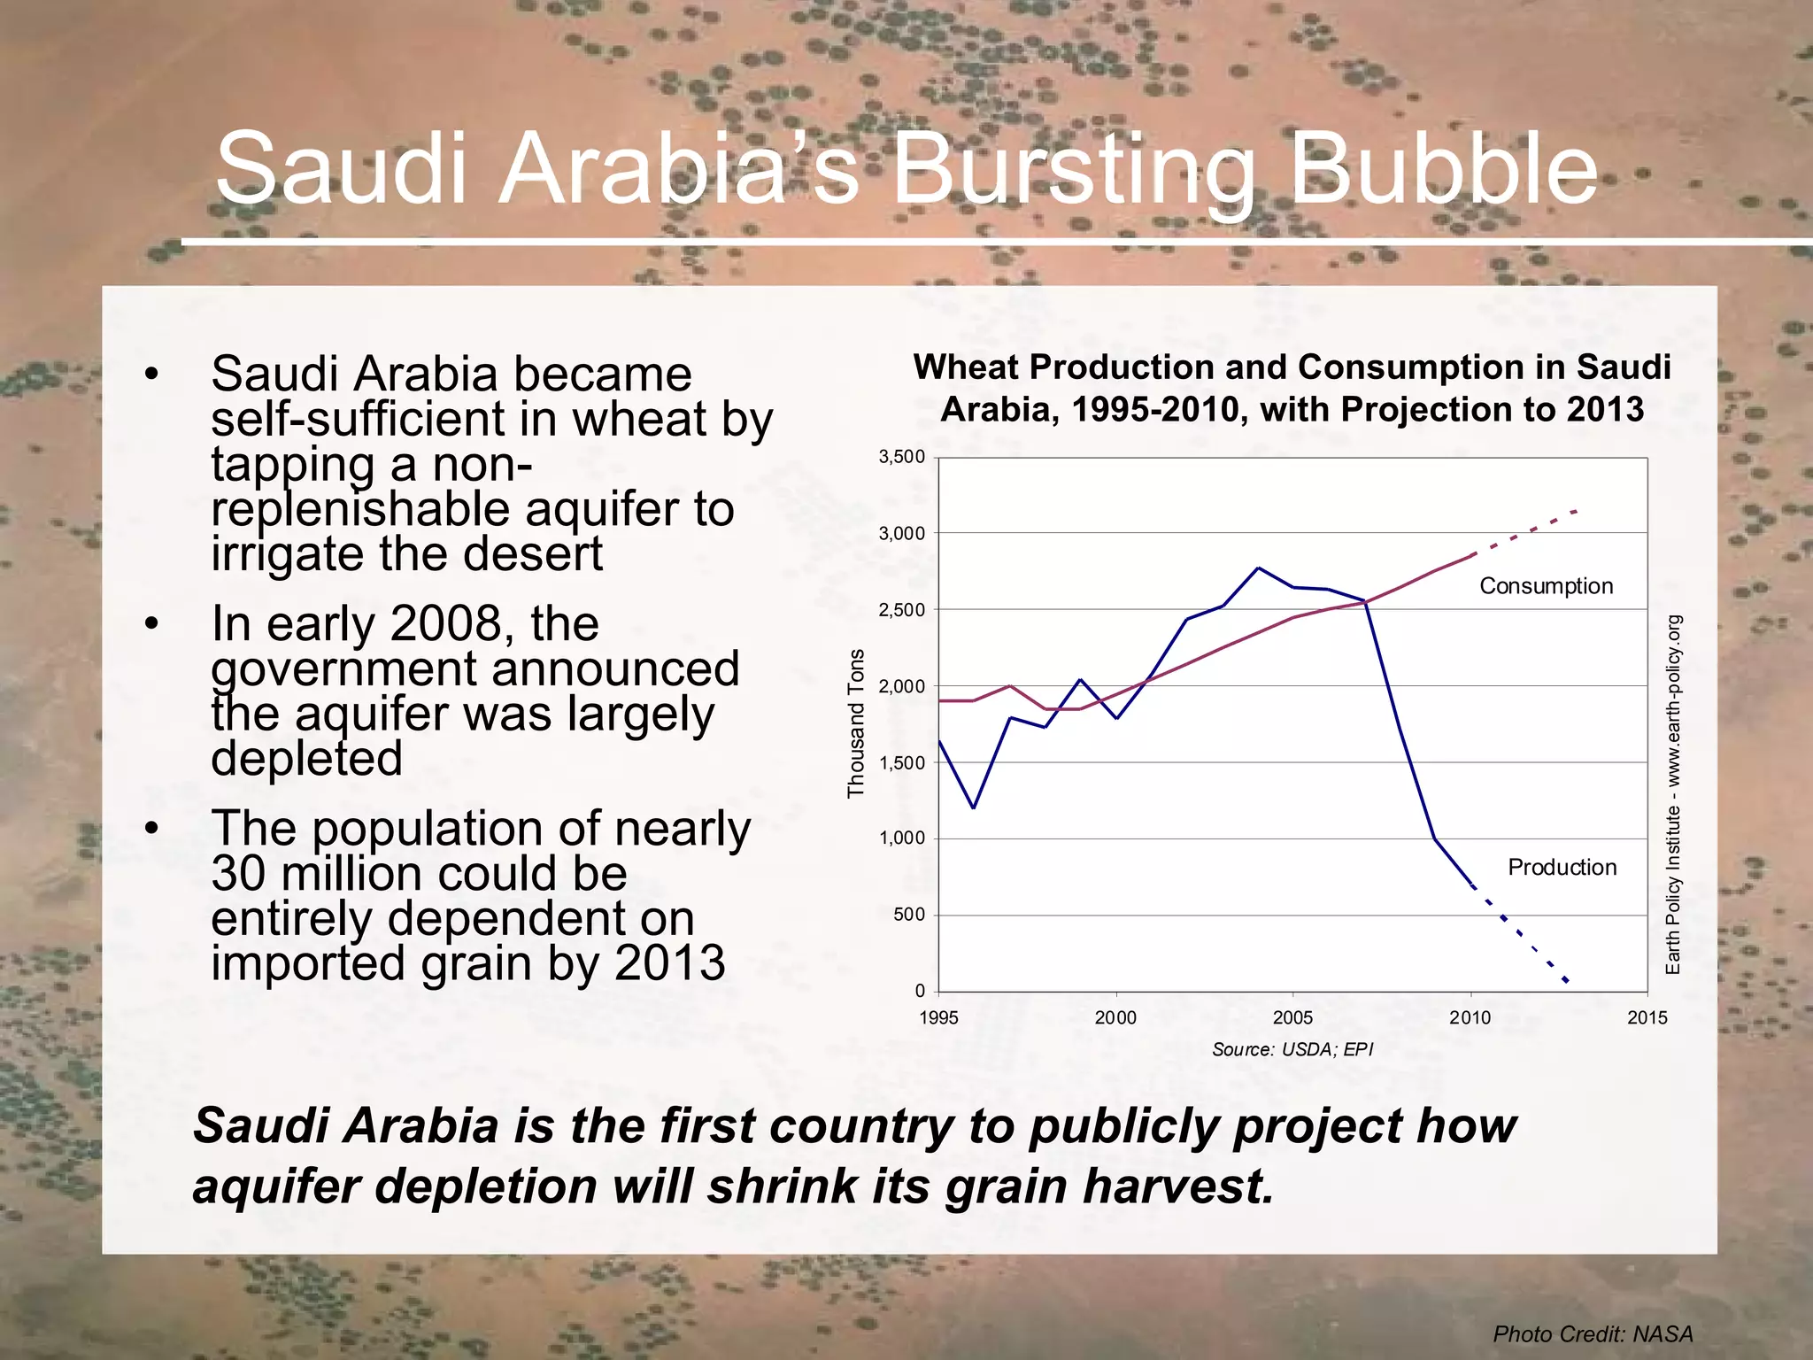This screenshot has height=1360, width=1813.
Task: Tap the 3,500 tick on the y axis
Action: pyautogui.click(x=901, y=457)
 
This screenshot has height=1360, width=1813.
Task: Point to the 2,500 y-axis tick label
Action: pyautogui.click(x=901, y=610)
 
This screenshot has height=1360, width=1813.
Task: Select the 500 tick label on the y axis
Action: pyautogui.click(x=908, y=915)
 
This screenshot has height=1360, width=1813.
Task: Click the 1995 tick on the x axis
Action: pyautogui.click(x=938, y=1018)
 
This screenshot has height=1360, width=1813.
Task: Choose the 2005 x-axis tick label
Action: pyautogui.click(x=1292, y=1018)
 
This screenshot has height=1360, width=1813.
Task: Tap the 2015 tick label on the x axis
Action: pyautogui.click(x=1647, y=1018)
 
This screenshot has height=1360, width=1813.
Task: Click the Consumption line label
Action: pyautogui.click(x=1546, y=586)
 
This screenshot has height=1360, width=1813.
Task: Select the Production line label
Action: pyautogui.click(x=1562, y=868)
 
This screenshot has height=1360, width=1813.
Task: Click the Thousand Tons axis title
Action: pyautogui.click(x=856, y=723)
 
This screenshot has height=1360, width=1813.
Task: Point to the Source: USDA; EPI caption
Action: pyautogui.click(x=1292, y=1050)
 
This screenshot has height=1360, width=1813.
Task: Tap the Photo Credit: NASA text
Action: pyautogui.click(x=1593, y=1334)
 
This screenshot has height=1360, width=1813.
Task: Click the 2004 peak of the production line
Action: pyautogui.click(x=1259, y=568)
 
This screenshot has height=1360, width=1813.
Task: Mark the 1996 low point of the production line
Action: pyautogui.click(x=974, y=807)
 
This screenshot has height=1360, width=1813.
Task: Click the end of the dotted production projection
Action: pyautogui.click(x=1567, y=981)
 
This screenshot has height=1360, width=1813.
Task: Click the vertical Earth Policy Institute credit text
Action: pyautogui.click(x=1672, y=795)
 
